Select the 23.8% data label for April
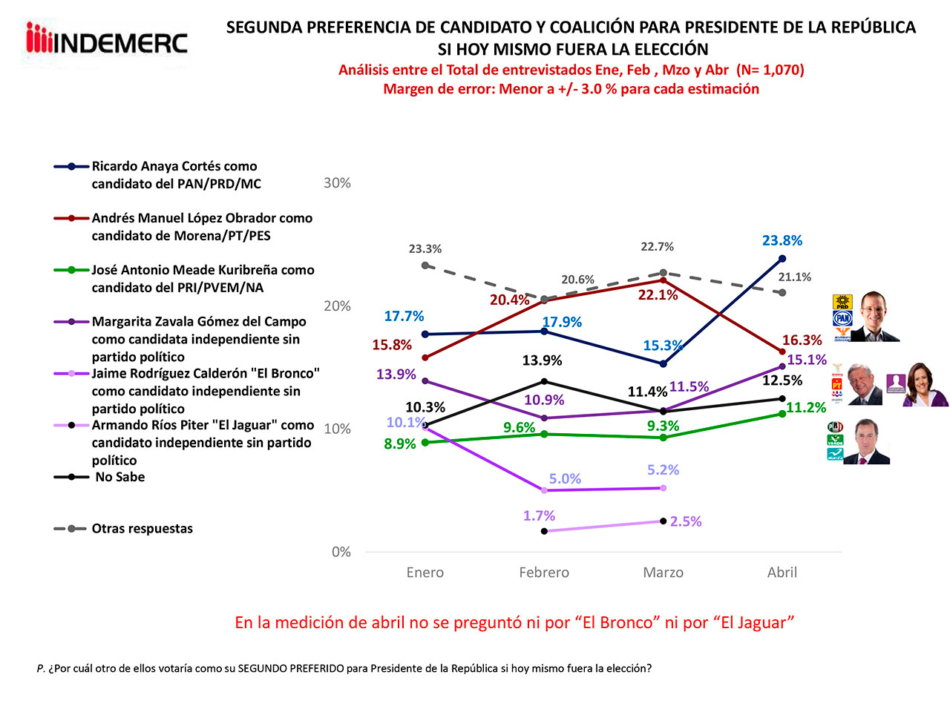point(782,240)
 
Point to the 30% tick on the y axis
point(337,183)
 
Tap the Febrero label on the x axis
point(543,573)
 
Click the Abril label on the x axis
point(782,573)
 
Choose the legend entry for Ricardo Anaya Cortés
point(174,175)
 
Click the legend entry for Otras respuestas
point(142,529)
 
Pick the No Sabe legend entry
point(119,477)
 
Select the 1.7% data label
point(539,515)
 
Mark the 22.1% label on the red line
point(658,295)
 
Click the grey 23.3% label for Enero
point(425,249)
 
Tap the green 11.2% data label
point(806,408)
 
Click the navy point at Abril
point(782,258)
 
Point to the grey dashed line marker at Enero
point(425,265)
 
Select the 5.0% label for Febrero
point(565,479)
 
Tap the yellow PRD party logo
point(842,302)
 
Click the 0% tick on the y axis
point(341,552)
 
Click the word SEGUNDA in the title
point(263,27)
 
